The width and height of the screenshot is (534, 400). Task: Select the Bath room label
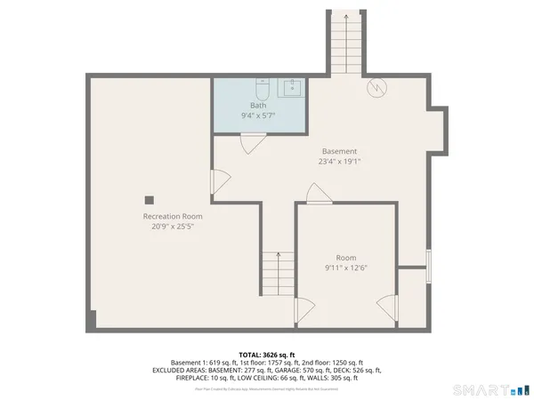tap(257, 106)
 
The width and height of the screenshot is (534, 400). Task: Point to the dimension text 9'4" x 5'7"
tap(257, 116)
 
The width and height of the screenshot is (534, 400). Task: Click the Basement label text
tap(339, 151)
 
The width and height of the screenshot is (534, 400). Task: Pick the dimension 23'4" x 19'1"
tap(339, 162)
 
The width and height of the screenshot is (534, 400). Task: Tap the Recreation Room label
tap(173, 216)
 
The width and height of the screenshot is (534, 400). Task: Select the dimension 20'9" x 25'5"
tap(173, 227)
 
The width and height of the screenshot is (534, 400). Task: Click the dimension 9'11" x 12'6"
tap(346, 267)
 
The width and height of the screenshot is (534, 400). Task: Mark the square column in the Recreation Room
tap(150, 199)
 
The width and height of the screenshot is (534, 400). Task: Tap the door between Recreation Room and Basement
tap(217, 181)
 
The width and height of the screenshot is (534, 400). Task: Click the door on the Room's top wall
tap(316, 194)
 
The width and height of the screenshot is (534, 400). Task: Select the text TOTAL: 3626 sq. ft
tap(266, 354)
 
